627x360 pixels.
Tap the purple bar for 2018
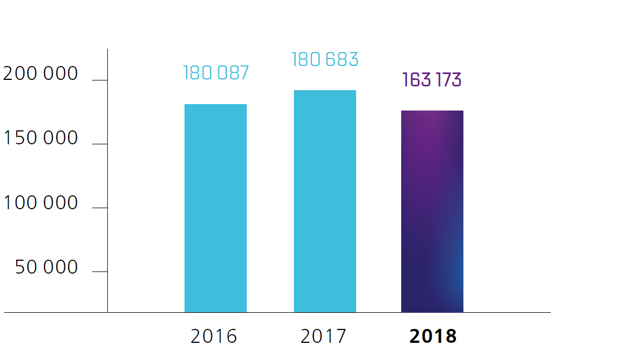point(432,211)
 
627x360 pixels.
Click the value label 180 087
point(216,73)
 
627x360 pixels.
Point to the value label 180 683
point(324,60)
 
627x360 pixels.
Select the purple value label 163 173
point(432,80)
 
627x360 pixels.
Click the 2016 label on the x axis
point(213,336)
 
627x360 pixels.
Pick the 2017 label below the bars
point(323,336)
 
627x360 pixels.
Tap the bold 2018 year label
point(433,336)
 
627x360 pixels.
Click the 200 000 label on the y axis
point(41,74)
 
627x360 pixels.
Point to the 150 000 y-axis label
point(41,138)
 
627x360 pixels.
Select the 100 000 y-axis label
point(41,203)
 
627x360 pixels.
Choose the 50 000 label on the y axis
point(47,267)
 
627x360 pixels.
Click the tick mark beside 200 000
point(100,80)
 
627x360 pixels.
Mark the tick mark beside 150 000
point(100,144)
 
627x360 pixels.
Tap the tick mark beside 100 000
point(100,208)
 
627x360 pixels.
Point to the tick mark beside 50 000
point(100,271)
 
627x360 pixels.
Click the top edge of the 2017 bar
point(324,91)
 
